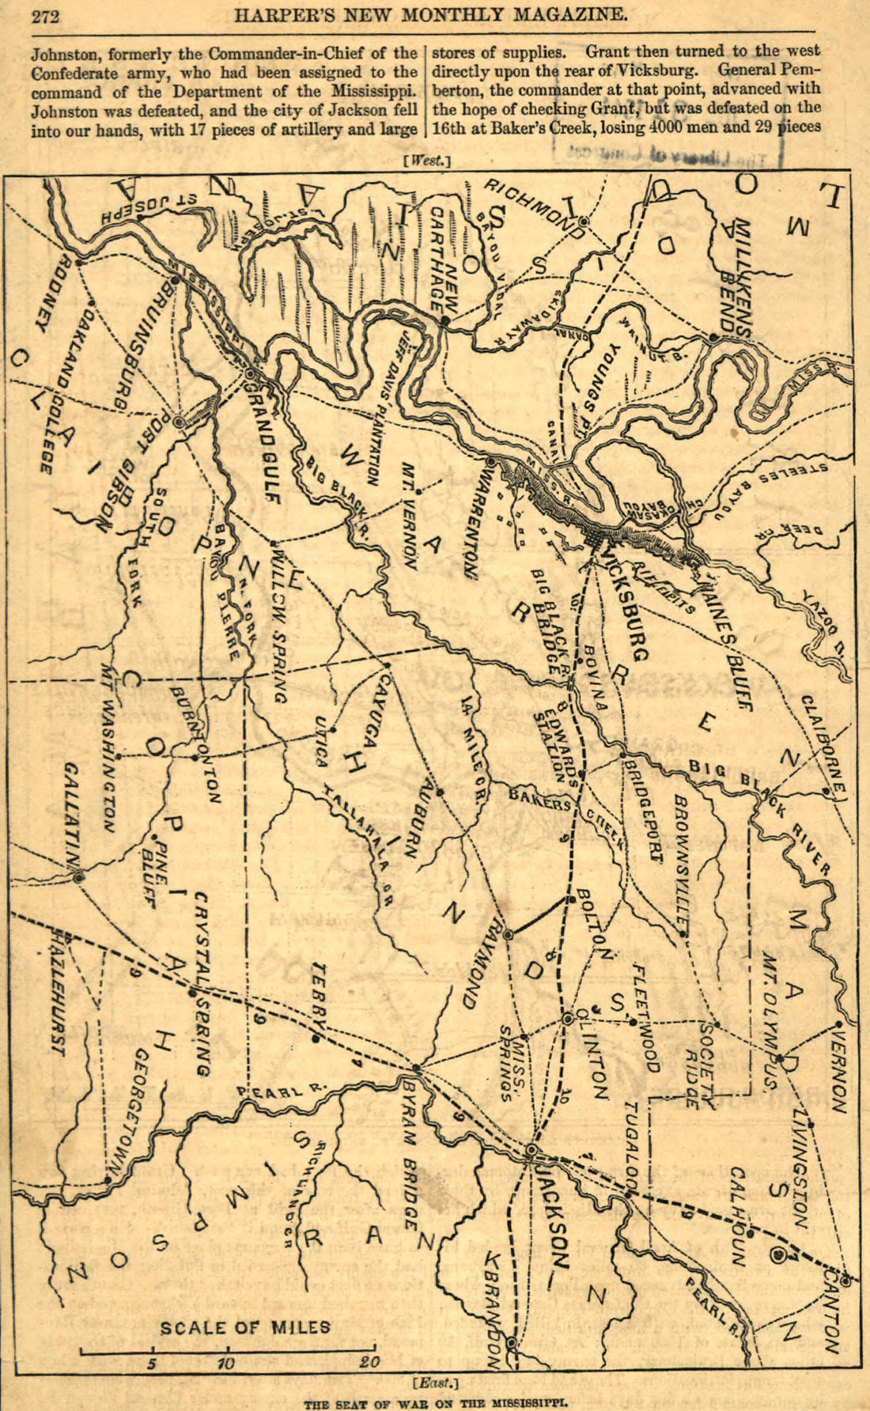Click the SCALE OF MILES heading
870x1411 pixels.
(246, 1326)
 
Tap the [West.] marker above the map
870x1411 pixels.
(426, 161)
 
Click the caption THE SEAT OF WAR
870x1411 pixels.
(436, 1404)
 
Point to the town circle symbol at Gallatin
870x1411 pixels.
(79, 877)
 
